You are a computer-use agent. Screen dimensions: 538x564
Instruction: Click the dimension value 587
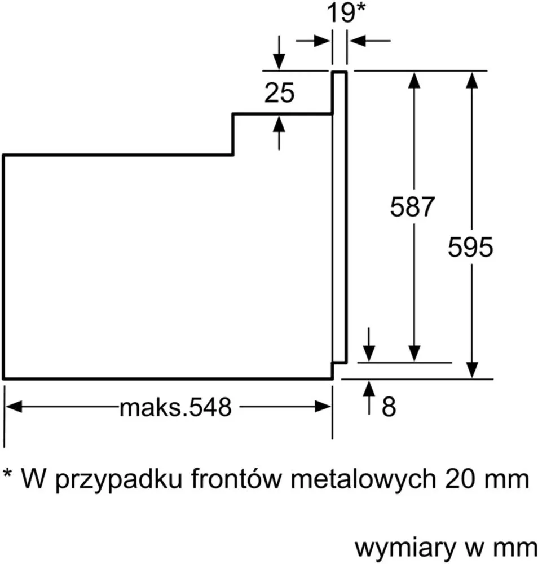pyautogui.click(x=412, y=206)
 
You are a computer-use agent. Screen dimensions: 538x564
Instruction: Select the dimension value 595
pyautogui.click(x=470, y=247)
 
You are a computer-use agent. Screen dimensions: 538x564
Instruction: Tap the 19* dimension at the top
pyautogui.click(x=346, y=12)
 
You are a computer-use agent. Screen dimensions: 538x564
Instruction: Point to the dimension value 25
pyautogui.click(x=279, y=92)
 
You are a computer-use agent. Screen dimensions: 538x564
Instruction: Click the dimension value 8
pyautogui.click(x=389, y=407)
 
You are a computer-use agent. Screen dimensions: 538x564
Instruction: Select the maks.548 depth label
pyautogui.click(x=175, y=407)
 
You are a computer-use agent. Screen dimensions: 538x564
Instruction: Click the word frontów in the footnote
pyautogui.click(x=235, y=479)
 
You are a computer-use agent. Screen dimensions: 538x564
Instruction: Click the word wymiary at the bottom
pyautogui.click(x=405, y=549)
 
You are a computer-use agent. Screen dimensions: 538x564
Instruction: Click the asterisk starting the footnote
pyautogui.click(x=7, y=472)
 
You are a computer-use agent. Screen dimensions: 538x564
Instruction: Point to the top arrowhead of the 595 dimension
pyautogui.click(x=472, y=80)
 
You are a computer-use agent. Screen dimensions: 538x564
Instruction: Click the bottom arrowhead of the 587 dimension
pyautogui.click(x=414, y=353)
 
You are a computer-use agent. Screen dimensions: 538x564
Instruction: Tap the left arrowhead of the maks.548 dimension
pyautogui.click(x=14, y=407)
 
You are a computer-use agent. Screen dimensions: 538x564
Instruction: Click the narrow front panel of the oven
pyautogui.click(x=339, y=217)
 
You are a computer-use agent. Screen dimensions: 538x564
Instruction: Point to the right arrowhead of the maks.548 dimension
pyautogui.click(x=323, y=407)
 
